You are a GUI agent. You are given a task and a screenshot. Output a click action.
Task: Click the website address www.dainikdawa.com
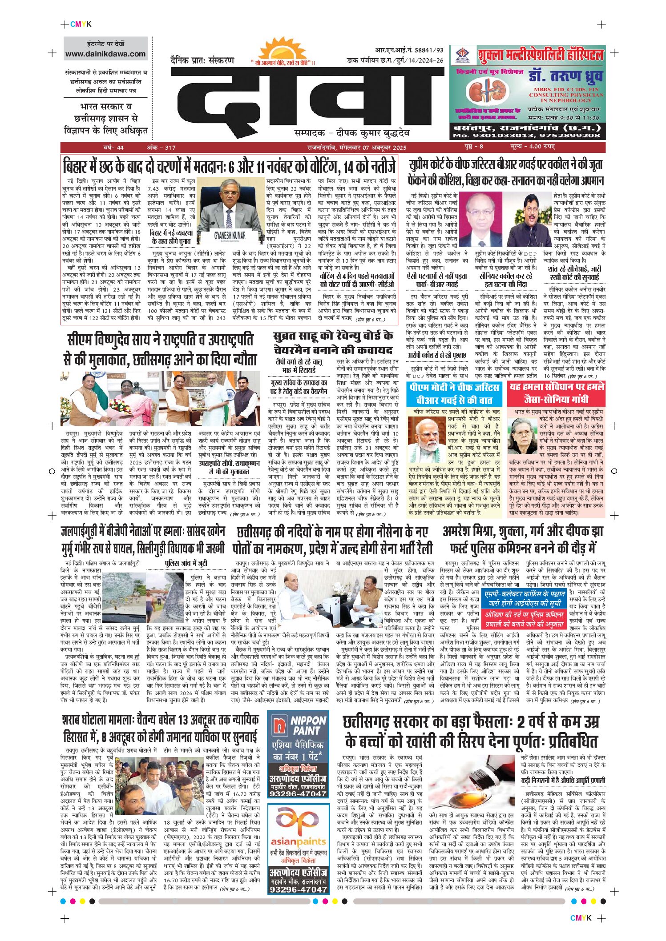click(105, 54)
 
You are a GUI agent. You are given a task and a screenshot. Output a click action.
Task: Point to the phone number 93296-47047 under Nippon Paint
click(298, 793)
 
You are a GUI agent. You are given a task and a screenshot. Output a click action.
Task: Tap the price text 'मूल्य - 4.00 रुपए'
click(532, 147)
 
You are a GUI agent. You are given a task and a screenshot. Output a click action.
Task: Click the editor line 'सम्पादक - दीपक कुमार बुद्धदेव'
click(352, 133)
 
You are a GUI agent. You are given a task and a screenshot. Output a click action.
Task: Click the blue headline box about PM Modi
click(454, 394)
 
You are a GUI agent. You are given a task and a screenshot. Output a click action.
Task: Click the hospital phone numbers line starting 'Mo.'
click(526, 136)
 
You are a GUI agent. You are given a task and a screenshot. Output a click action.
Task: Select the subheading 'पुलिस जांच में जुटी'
click(186, 564)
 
